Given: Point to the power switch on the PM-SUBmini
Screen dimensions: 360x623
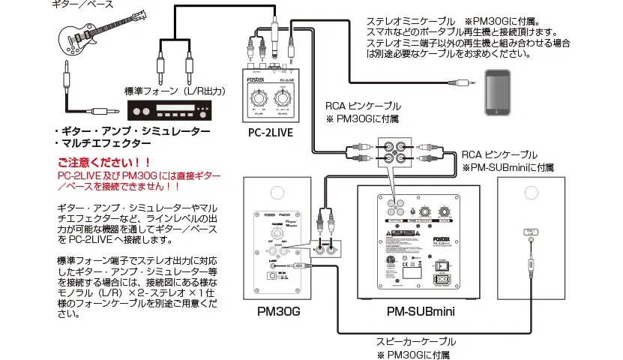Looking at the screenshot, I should pos(445,265).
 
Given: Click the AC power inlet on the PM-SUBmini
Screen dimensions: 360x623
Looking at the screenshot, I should pos(443,283).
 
